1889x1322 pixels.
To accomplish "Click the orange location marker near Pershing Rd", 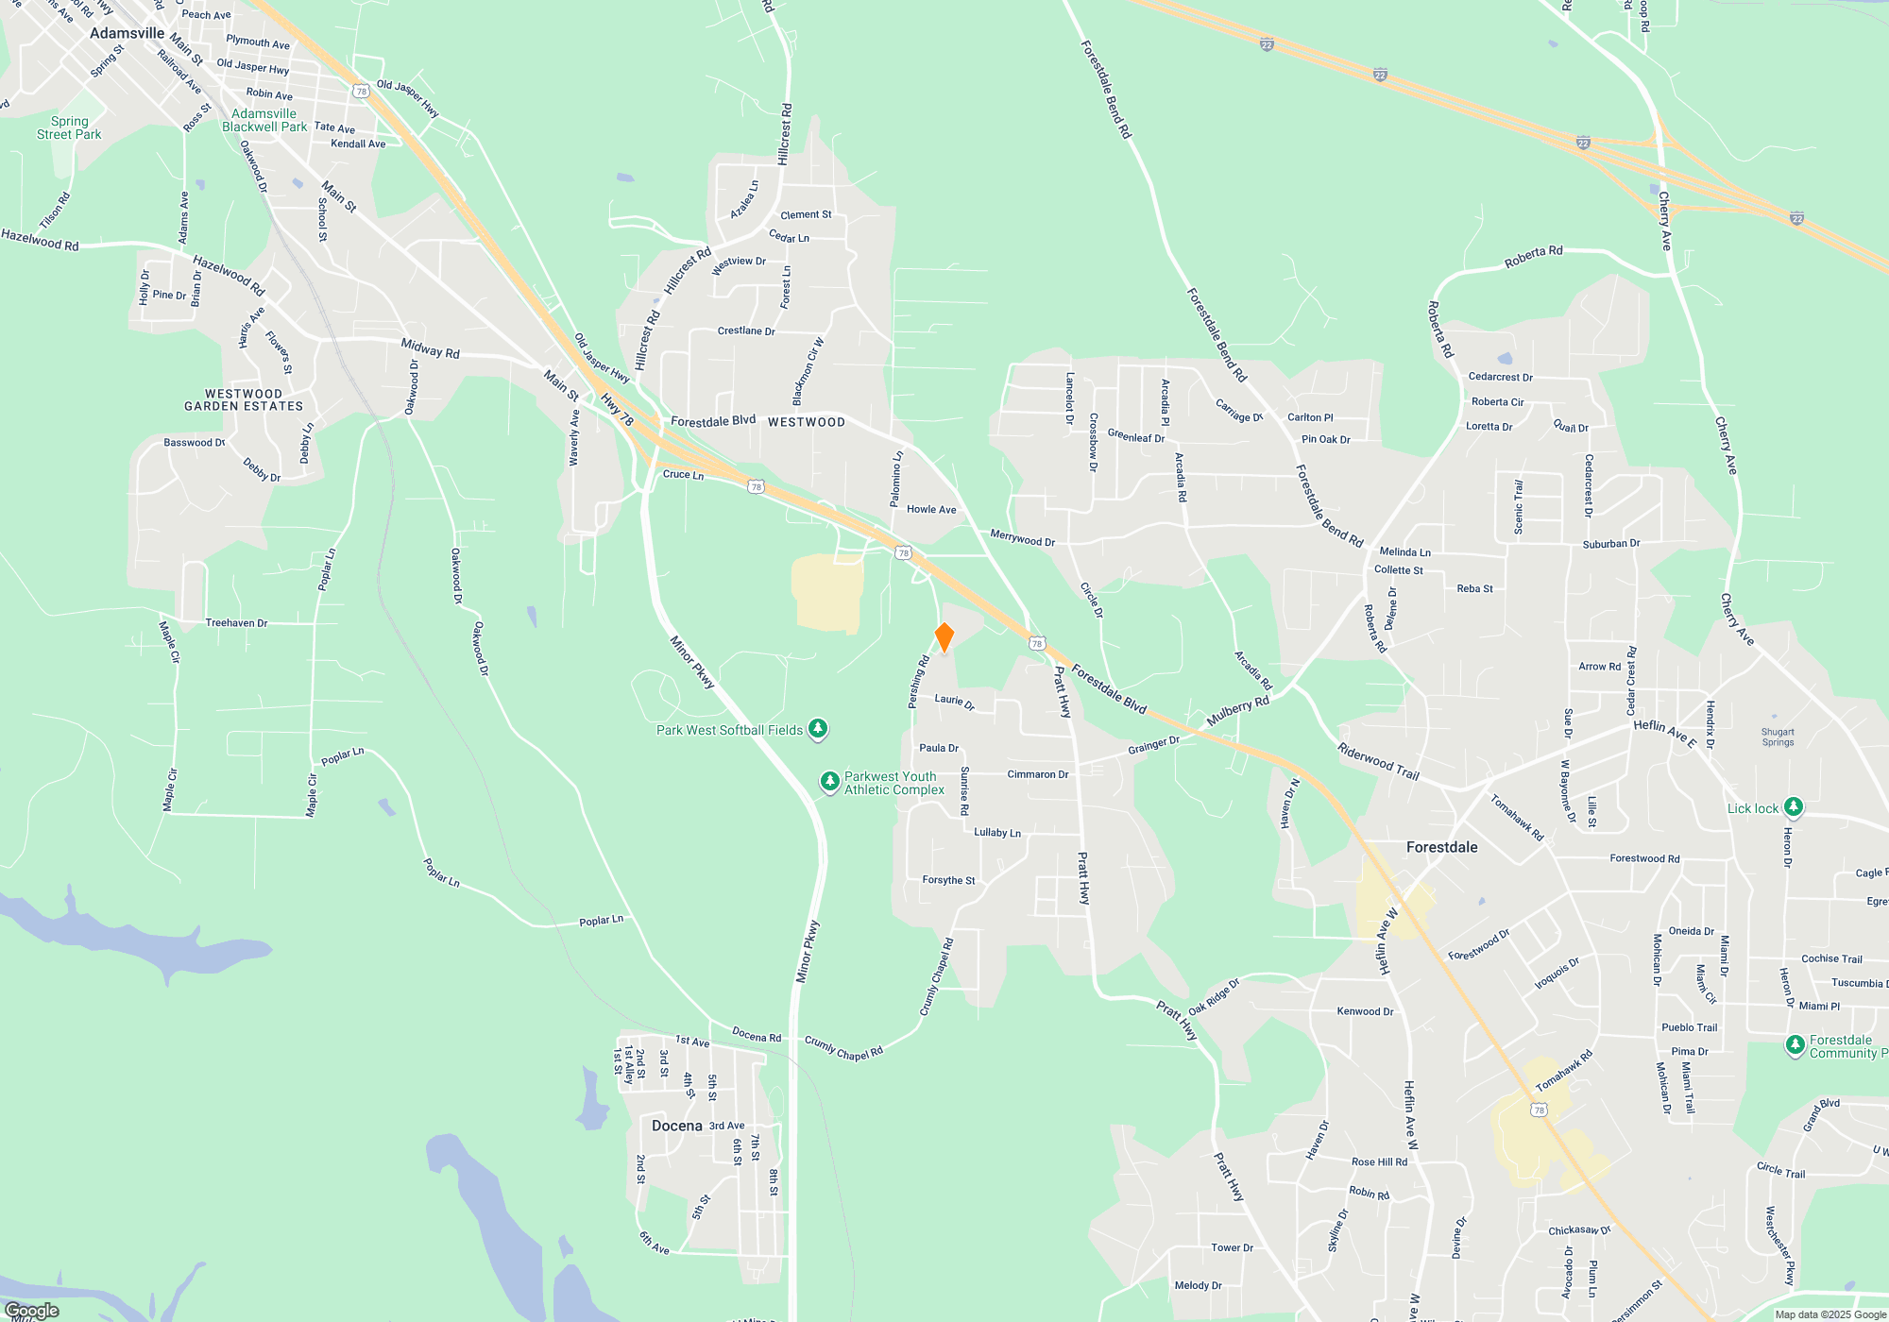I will pos(944,637).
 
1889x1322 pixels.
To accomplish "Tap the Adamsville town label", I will pos(127,33).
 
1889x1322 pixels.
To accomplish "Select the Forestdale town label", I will pos(1441,847).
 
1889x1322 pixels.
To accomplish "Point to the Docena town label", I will pos(676,1126).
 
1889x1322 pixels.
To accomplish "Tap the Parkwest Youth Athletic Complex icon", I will pos(829,782).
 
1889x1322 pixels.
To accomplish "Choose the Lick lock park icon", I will pos(1793,807).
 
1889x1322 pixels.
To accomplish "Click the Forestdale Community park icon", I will pos(1795,1045).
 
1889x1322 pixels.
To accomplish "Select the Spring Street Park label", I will pos(69,127).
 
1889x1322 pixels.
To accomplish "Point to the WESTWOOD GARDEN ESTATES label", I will pos(244,400).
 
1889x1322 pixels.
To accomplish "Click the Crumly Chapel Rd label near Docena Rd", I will pos(843,1048).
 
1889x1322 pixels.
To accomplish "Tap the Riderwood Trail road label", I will pos(1378,761).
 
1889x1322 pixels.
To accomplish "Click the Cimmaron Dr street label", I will pos(1037,774).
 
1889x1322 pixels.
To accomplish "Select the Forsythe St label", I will pos(948,880).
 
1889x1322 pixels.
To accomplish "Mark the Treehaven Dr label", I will pos(236,623).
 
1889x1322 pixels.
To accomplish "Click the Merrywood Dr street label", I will pos(1022,539).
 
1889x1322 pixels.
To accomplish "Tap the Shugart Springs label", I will pos(1778,737).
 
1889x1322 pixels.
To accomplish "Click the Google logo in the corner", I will pos(31,1310).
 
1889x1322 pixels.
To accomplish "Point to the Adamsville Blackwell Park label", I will pos(264,120).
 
